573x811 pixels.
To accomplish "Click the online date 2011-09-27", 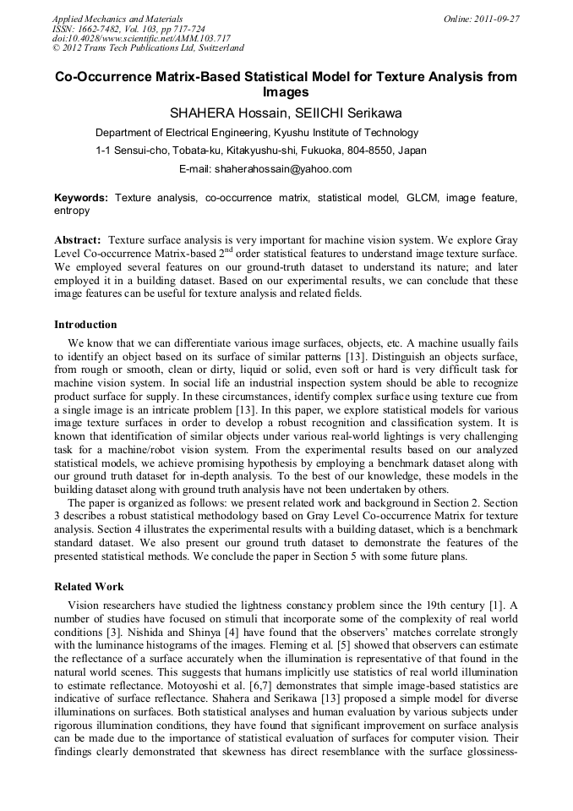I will coord(496,19).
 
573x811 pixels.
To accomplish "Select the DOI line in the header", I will coord(141,39).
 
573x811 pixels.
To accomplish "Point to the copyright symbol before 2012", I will coord(57,49).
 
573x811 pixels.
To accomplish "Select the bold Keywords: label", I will coord(81,197).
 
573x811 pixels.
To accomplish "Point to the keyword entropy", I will coord(72,211).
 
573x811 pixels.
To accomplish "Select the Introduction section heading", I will coord(85,325).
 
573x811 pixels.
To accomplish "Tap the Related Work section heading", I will coord(89,587).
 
